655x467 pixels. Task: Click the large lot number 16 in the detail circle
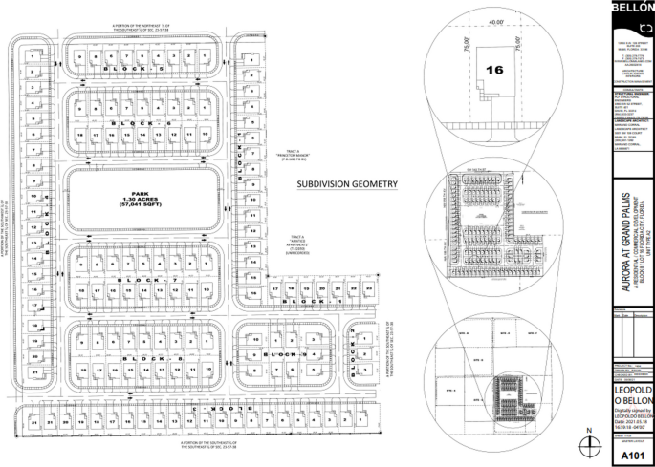[x=493, y=70]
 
